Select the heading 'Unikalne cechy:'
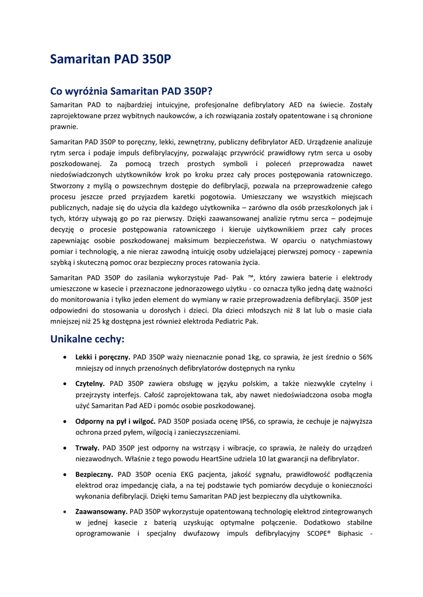(88, 339)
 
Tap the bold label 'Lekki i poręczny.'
(103, 357)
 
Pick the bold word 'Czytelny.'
(90, 384)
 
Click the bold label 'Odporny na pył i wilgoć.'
(115, 421)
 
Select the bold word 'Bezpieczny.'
(93, 474)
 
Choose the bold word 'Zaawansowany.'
(101, 511)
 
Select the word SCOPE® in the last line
(319, 533)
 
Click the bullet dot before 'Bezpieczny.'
(64, 475)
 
